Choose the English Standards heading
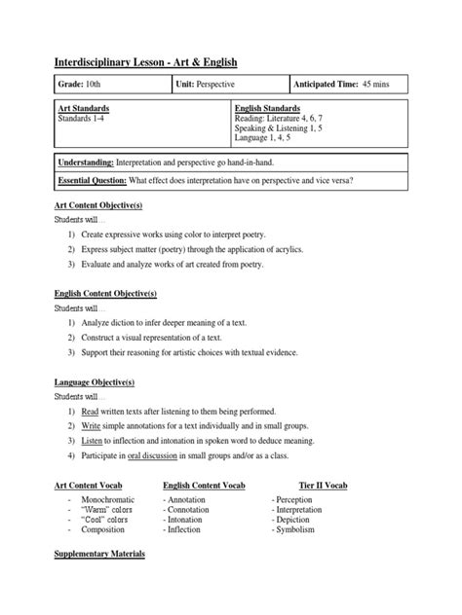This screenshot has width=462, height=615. (x=267, y=109)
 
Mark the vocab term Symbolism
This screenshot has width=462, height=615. (x=298, y=530)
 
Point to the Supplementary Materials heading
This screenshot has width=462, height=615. (x=99, y=554)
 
